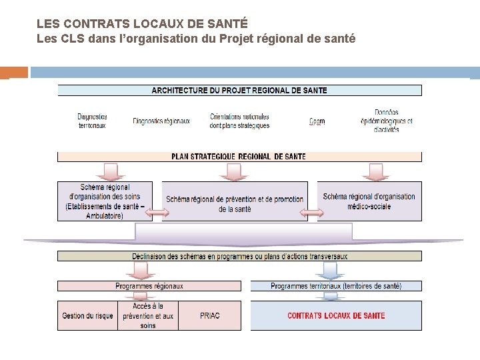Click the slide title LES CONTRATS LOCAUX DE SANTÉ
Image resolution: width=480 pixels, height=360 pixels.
(133, 24)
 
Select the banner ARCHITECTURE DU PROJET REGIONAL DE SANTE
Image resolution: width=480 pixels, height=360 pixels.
(240, 91)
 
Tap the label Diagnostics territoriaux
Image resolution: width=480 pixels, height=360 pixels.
(92, 121)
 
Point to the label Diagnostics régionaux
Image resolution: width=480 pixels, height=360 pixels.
(161, 121)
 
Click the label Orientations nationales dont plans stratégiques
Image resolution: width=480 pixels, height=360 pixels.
(239, 121)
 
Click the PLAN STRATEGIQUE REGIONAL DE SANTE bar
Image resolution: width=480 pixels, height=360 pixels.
(239, 157)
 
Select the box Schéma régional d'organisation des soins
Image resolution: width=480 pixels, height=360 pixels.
(105, 201)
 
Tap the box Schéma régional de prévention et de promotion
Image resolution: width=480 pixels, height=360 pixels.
(235, 204)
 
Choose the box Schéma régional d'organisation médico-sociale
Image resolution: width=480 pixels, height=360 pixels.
(369, 201)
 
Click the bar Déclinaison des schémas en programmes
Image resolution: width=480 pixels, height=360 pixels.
(239, 256)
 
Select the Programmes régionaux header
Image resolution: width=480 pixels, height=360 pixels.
(149, 286)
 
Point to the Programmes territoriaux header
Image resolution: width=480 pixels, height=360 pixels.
(336, 286)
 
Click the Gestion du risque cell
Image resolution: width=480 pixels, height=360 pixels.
(87, 316)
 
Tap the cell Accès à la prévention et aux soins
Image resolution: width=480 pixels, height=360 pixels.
(148, 316)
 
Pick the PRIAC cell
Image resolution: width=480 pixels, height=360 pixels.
(209, 316)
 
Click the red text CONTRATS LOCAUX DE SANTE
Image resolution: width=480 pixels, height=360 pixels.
(336, 316)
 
